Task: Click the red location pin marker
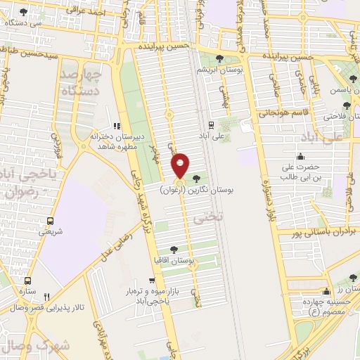point(181,166)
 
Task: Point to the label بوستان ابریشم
point(219,70)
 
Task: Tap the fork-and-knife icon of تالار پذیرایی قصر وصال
point(47,296)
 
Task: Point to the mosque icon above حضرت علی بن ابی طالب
point(301,155)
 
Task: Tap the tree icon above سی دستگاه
point(24,12)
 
